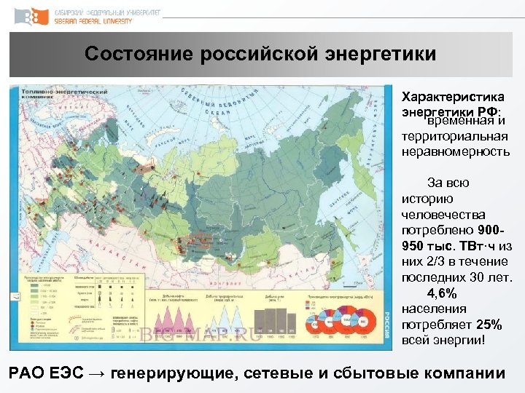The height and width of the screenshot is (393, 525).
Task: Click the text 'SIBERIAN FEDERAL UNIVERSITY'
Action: click(94, 21)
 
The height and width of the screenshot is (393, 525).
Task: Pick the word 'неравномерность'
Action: click(455, 152)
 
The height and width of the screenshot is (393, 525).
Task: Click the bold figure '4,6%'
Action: click(443, 293)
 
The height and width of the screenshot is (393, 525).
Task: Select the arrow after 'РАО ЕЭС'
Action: click(96, 374)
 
